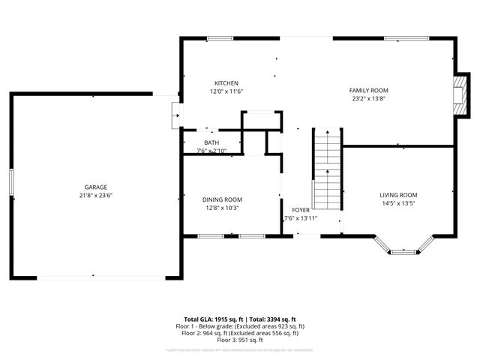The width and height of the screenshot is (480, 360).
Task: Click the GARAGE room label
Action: pos(95,187)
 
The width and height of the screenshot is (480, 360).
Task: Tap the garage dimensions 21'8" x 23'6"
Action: pos(95,195)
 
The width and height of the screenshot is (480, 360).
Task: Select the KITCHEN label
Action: pos(226,82)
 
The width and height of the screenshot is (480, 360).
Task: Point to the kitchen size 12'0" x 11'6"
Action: pos(226,91)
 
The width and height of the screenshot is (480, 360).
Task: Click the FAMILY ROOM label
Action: pos(369,90)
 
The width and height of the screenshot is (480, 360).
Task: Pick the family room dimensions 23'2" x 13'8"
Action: pos(369,98)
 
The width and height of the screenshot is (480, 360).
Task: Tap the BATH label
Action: pos(211,142)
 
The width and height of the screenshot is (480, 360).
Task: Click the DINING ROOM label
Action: pos(222,199)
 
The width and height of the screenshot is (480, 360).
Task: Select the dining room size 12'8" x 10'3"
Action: pos(222,208)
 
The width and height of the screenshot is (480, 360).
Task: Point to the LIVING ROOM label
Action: pos(397,194)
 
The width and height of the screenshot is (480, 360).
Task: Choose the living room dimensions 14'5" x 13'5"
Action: pos(397,202)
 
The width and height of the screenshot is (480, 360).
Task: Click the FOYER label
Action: pos(301,210)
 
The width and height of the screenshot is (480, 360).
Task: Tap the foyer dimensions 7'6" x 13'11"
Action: pos(301,218)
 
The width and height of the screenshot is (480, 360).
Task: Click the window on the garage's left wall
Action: pos(11,184)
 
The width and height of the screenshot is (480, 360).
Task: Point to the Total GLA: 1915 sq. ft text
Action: pos(209,319)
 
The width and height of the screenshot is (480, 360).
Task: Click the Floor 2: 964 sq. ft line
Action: pos(241,333)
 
